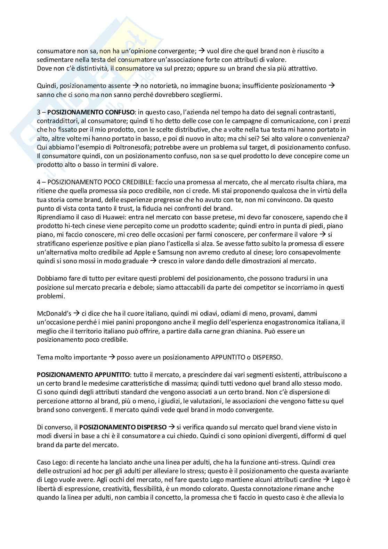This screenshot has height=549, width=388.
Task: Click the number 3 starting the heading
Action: pos(39,112)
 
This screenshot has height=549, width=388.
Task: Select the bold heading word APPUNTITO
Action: pos(112,375)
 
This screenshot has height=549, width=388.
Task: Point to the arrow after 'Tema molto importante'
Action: pos(112,357)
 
